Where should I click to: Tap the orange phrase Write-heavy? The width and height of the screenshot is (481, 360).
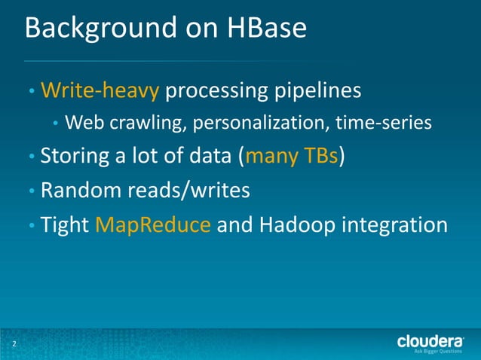pyautogui.click(x=100, y=91)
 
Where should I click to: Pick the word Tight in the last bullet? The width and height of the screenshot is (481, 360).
pyautogui.click(x=64, y=224)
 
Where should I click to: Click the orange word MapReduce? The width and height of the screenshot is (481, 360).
pyautogui.click(x=153, y=224)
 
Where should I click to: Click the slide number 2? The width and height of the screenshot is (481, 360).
pyautogui.click(x=13, y=345)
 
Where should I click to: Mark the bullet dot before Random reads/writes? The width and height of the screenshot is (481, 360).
pyautogui.click(x=31, y=192)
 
